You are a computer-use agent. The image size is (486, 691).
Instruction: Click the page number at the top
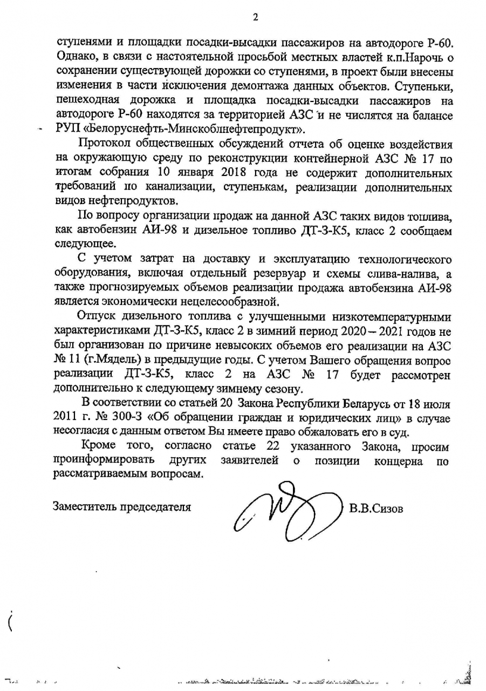point(255,17)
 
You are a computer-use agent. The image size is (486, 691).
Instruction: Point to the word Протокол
point(104,145)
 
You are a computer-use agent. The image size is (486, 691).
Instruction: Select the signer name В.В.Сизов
point(376,509)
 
